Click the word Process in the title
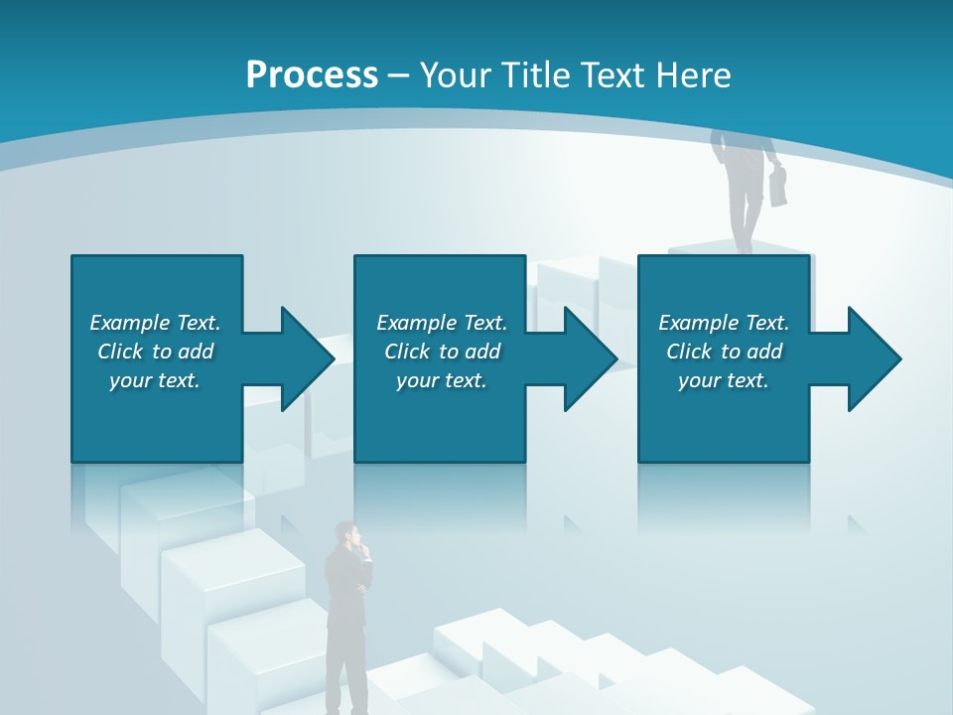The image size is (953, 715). click(312, 75)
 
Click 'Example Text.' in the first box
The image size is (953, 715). click(155, 323)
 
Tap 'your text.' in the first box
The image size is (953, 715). click(155, 380)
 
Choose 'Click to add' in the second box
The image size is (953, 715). click(442, 352)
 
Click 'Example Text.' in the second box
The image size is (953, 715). click(442, 323)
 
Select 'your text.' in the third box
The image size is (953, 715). click(724, 380)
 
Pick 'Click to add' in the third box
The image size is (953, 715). click(724, 352)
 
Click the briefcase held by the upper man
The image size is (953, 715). click(777, 186)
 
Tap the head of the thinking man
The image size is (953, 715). click(346, 534)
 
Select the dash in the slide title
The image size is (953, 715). click(398, 75)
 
